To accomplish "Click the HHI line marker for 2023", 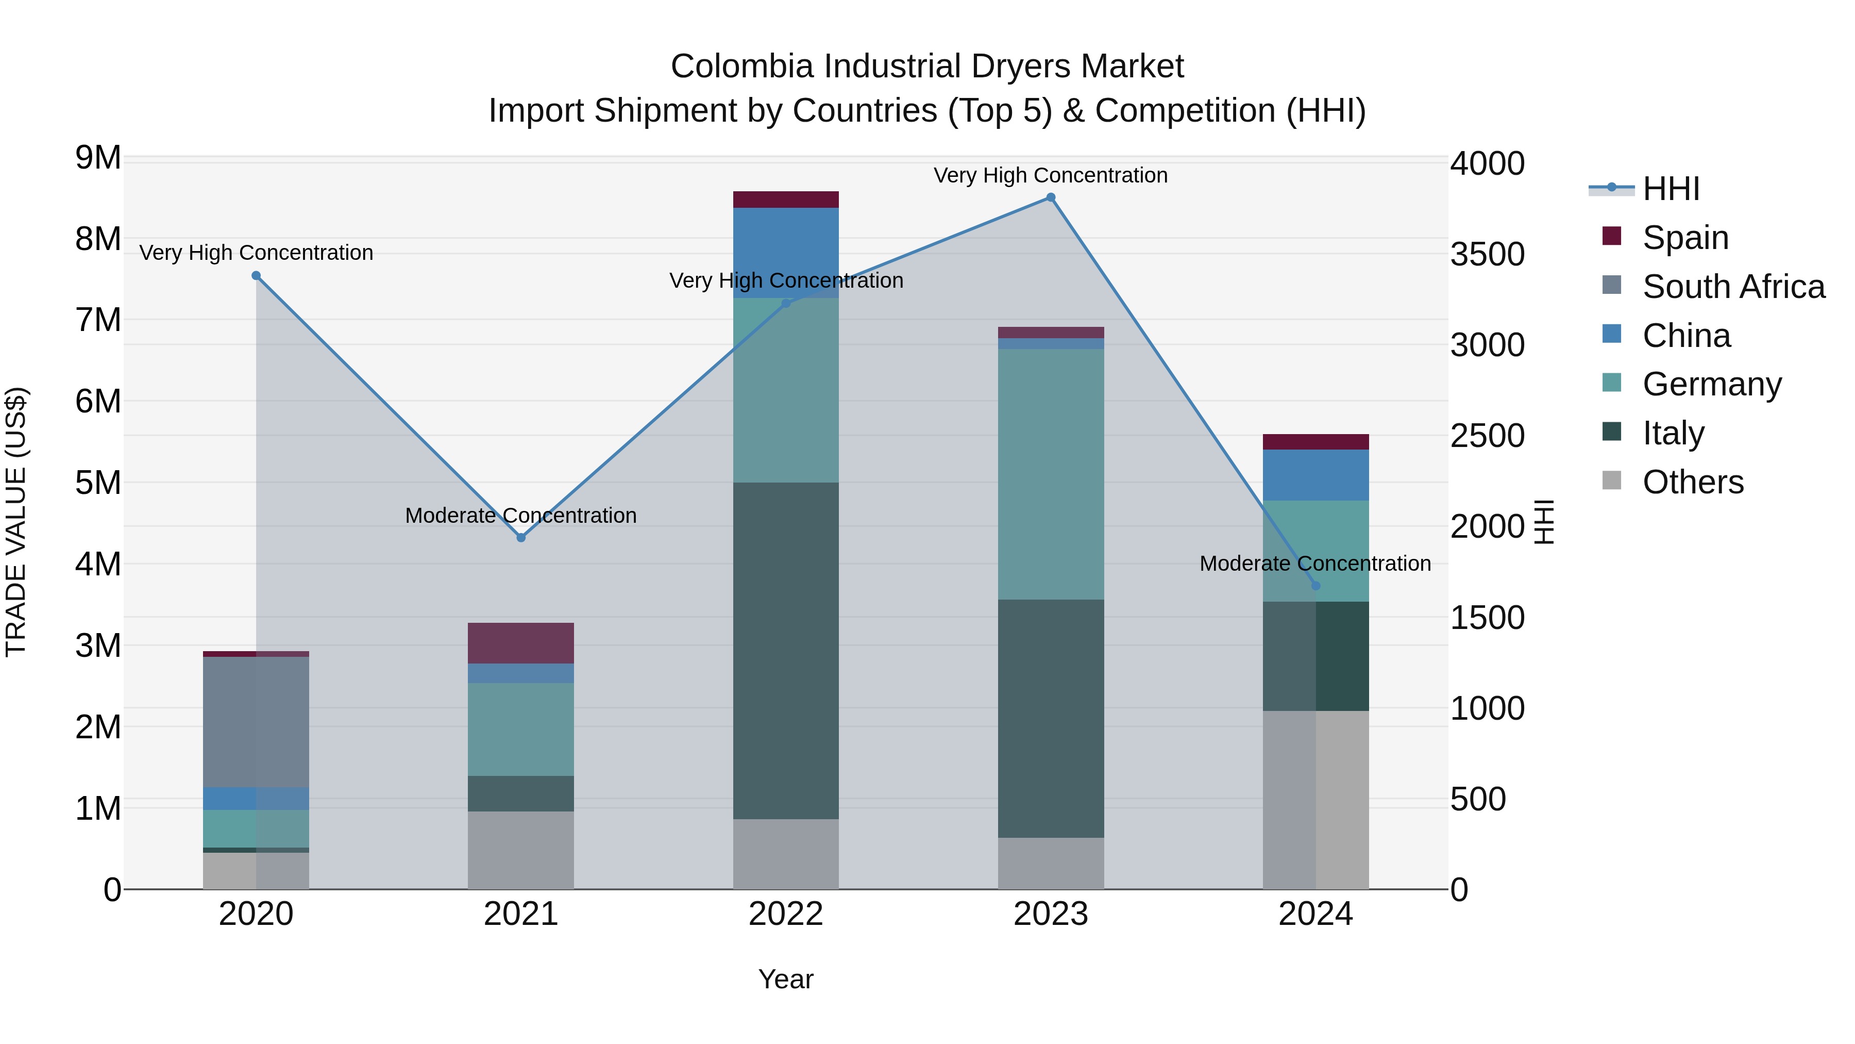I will coord(1051,197).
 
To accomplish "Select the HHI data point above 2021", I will coord(521,538).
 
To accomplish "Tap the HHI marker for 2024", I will coord(1316,586).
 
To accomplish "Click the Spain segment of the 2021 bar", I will coord(520,643).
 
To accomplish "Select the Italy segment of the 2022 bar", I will coord(786,650).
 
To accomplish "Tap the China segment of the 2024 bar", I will coord(1316,475).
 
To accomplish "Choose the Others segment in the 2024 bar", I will coord(1316,800).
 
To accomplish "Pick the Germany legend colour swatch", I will coord(1612,383).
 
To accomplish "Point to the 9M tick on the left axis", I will coord(98,158).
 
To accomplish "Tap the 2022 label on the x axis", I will coord(786,914).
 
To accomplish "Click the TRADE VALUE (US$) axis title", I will coord(16,522).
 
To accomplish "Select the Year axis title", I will coord(786,979).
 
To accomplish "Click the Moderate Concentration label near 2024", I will coord(1315,564).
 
